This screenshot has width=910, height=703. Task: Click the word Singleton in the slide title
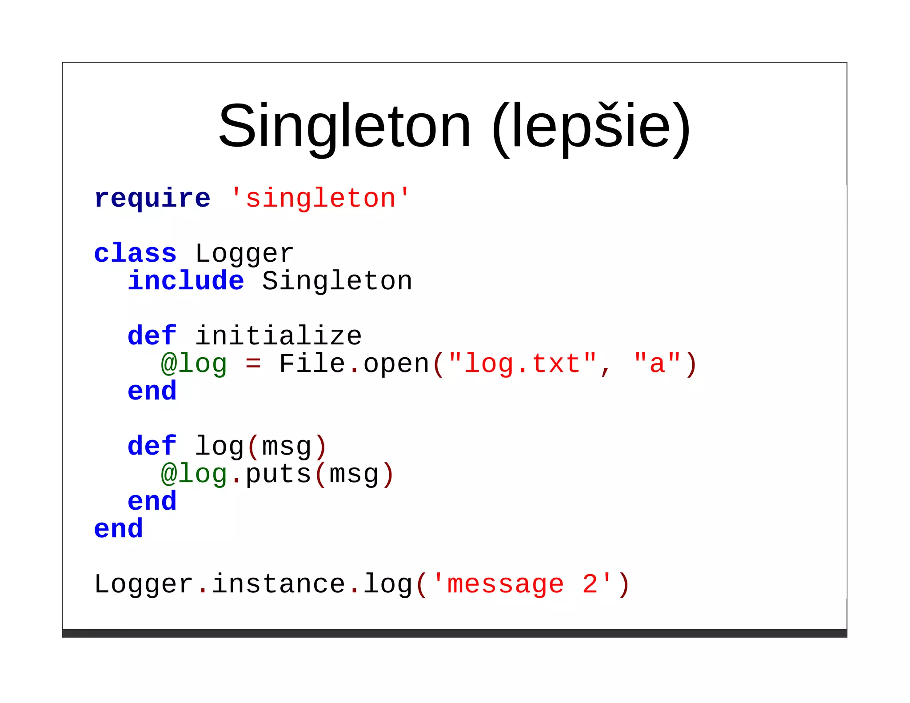pyautogui.click(x=344, y=126)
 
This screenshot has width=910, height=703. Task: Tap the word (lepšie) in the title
pyautogui.click(x=591, y=126)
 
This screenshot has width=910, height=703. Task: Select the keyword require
pyautogui.click(x=152, y=198)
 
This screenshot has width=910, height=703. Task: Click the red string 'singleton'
pyautogui.click(x=320, y=198)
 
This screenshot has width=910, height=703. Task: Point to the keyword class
pyautogui.click(x=135, y=253)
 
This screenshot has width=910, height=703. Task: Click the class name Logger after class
pyautogui.click(x=244, y=254)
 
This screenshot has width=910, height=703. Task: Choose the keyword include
pyautogui.click(x=186, y=281)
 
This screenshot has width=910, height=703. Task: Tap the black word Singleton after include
pyautogui.click(x=337, y=281)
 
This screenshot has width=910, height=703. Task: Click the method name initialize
pyautogui.click(x=279, y=336)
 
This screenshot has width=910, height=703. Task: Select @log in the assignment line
pyautogui.click(x=194, y=364)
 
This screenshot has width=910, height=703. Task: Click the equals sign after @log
pyautogui.click(x=253, y=364)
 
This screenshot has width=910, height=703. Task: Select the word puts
pyautogui.click(x=278, y=475)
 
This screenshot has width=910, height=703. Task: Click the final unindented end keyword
pyautogui.click(x=119, y=529)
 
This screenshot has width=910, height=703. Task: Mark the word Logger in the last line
pyautogui.click(x=144, y=585)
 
